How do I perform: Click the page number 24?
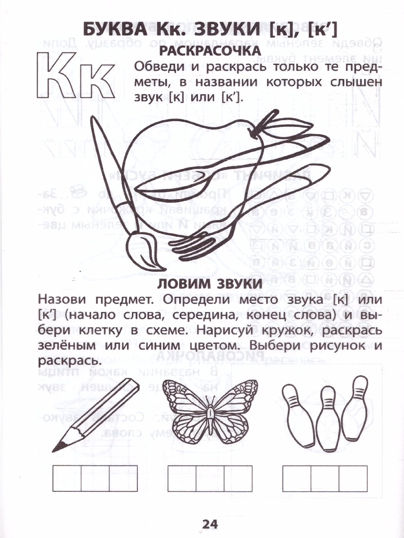pyautogui.click(x=210, y=524)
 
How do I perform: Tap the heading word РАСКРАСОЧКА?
pyautogui.click(x=210, y=51)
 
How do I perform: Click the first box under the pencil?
pyautogui.click(x=67, y=478)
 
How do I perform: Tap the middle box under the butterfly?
pyautogui.click(x=210, y=478)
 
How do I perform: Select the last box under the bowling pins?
pyautogui.click(x=353, y=478)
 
